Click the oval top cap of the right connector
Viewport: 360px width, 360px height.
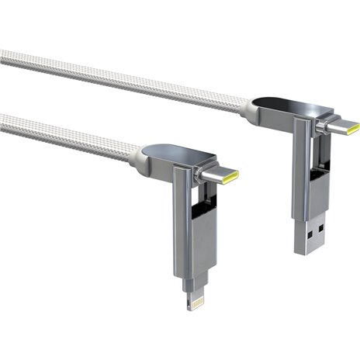(x=284, y=104)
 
